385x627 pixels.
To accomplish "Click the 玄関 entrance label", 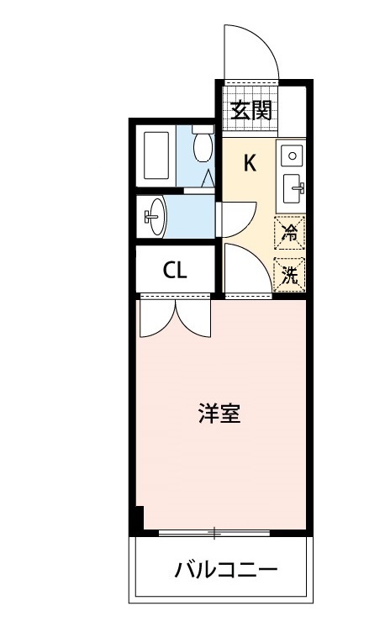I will pos(251,110).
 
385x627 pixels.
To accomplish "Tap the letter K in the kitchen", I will pos(250,163).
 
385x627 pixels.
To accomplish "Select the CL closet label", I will pos(175,271).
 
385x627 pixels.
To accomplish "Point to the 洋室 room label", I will pos(219,414).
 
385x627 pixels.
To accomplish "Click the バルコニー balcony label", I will pos(225,571).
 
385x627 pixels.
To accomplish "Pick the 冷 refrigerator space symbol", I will pos(289,233).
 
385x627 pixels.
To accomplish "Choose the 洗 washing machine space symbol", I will pos(289,273).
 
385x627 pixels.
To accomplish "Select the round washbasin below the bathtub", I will pos(156,219).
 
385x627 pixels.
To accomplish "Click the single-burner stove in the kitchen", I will pos(291,155).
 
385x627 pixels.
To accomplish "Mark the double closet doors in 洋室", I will pos(174,317).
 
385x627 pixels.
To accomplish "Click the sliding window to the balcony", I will pos(214,533).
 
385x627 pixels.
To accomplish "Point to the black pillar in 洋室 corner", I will pos(139,518).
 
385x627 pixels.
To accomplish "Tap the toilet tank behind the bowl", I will pos(202,130).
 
